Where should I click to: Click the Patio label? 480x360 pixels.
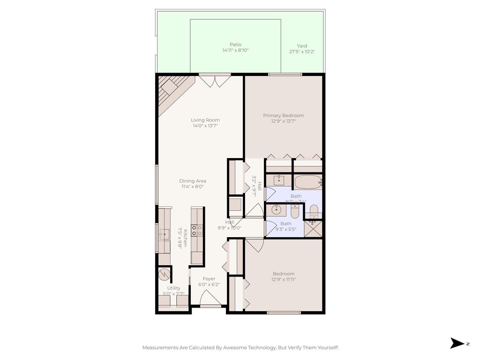pos(235,45)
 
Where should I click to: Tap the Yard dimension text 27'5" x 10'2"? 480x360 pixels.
pos(302,52)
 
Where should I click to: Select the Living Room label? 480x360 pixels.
pos(205,120)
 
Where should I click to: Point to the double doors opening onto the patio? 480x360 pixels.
pos(215,80)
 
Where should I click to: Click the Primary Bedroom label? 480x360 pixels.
pos(283,115)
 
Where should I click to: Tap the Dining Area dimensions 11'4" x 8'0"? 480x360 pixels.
pos(193,187)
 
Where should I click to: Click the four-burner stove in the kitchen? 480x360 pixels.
pos(197,230)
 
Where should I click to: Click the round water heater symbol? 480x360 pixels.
pos(164,273)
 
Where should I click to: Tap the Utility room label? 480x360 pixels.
pos(173,288)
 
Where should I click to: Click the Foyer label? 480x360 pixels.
pos(209,279)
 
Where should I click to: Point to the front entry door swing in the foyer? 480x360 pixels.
pos(210,298)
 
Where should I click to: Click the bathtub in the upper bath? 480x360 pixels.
pos(307,181)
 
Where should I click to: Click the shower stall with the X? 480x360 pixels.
pos(313,229)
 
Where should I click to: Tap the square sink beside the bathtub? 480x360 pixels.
pos(279,180)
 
